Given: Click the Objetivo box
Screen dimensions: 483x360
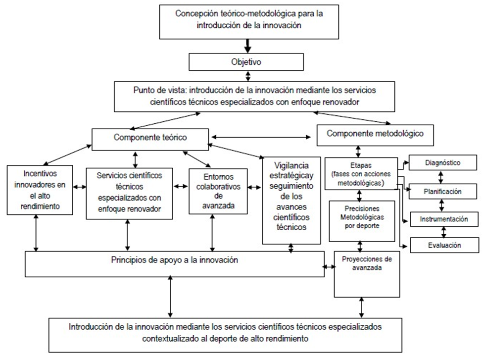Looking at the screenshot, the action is point(246,62).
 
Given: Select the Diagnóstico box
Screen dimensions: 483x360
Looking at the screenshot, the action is point(442,162).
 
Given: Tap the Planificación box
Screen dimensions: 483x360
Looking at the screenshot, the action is point(442,192).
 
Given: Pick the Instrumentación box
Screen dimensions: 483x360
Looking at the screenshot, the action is point(444,219).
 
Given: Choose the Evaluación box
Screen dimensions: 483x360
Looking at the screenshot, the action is point(444,245).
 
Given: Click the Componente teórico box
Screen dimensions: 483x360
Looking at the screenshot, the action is point(150,139).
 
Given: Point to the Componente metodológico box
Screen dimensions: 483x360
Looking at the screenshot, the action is point(375,135).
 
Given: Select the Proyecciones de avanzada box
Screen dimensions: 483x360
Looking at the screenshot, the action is point(367,274).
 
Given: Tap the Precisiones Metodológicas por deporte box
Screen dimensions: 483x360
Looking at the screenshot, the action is point(362,221).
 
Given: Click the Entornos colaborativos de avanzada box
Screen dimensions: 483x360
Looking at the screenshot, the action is point(218,191).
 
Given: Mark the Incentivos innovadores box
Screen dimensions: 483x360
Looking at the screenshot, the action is point(40,190).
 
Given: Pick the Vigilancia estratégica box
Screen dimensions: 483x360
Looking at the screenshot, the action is point(291,201).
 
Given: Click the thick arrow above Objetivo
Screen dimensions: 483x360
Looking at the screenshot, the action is point(247,46).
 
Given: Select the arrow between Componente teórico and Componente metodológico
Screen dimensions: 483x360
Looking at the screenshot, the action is point(261,137).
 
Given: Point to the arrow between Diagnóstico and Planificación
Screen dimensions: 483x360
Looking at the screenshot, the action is point(441,177).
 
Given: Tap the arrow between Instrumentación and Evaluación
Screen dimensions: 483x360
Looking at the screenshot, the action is point(443,232).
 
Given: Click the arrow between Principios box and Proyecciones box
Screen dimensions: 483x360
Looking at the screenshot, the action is point(329,266).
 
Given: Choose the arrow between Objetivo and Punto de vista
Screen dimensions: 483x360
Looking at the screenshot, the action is point(248,76).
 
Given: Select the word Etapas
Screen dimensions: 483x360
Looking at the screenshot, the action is point(361,165).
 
